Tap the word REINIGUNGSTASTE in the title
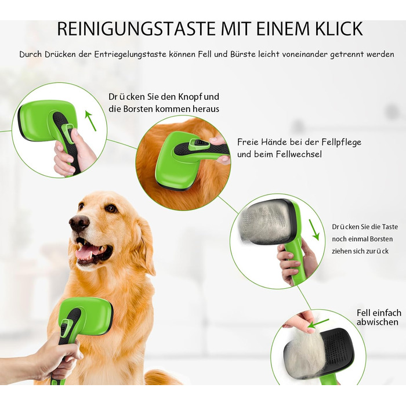pos(136,29)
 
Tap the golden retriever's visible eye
pos(111,208)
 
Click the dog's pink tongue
pos(89,252)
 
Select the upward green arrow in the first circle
pos(90,121)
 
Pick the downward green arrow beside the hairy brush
pos(314,230)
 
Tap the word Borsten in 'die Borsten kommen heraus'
pos(138,109)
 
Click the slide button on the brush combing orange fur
pos(199,143)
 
